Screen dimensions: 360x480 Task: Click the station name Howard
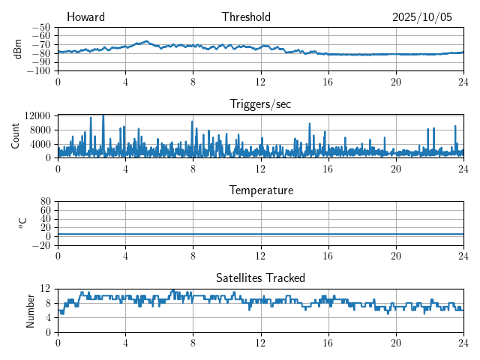click(85, 17)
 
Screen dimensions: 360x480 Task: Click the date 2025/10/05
click(422, 17)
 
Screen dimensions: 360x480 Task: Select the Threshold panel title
click(246, 17)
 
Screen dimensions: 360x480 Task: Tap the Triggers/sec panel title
click(260, 104)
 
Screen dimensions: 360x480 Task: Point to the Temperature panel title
click(260, 190)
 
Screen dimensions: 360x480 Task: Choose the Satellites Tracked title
click(260, 277)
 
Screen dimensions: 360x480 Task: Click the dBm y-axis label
click(18, 49)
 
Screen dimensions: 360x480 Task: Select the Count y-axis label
click(15, 136)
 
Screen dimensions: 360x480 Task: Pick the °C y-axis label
click(22, 223)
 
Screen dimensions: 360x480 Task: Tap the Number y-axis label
click(30, 310)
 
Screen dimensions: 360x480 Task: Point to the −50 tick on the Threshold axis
click(43, 27)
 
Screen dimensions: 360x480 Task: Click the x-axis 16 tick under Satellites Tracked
click(328, 342)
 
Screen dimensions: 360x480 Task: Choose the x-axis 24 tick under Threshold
click(463, 82)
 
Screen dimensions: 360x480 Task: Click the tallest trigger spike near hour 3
click(103, 115)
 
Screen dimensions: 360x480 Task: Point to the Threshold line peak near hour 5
click(146, 41)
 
